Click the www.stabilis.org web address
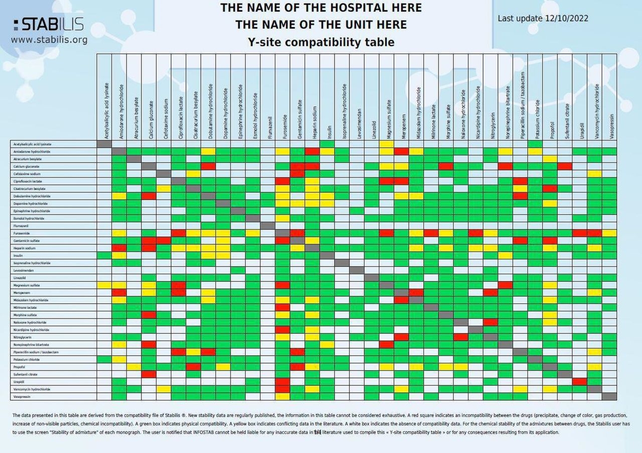(49, 40)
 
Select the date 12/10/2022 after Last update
(567, 19)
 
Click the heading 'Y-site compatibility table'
(321, 42)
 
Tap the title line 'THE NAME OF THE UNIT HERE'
(321, 25)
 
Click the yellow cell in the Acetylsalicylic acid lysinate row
(387, 144)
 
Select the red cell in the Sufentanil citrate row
(149, 374)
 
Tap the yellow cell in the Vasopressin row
(283, 397)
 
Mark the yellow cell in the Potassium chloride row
(119, 360)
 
